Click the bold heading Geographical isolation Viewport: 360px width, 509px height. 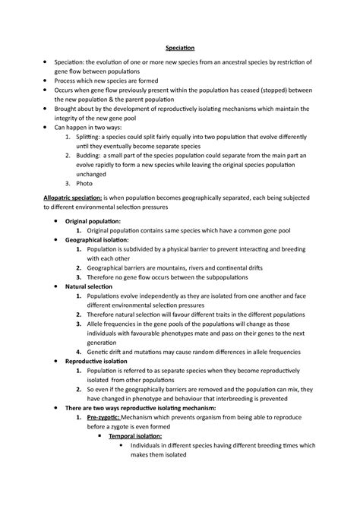coord(103,239)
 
